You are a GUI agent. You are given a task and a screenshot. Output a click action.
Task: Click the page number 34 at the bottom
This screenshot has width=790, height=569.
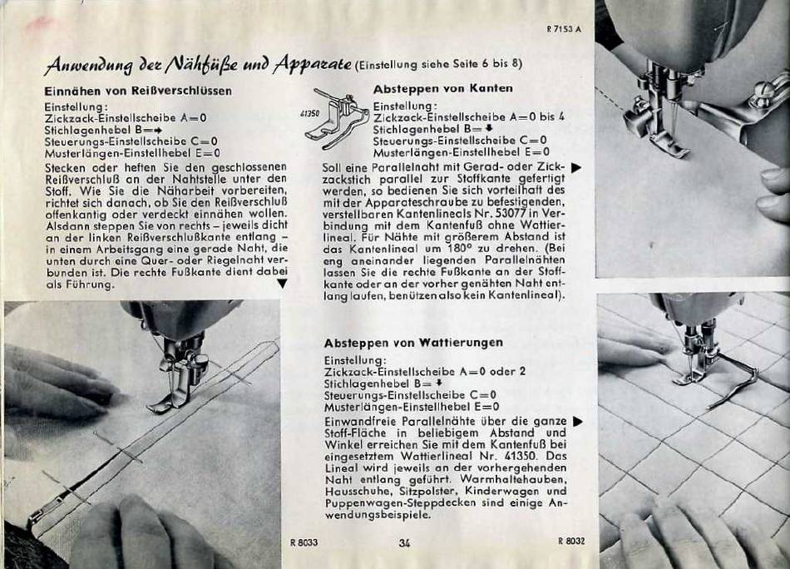(x=404, y=542)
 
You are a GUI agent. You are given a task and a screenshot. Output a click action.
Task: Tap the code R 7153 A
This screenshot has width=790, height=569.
(x=564, y=29)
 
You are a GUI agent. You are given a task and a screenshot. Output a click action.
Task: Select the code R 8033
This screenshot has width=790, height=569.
(x=304, y=542)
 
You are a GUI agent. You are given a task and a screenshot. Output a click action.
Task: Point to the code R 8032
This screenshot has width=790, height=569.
(x=571, y=542)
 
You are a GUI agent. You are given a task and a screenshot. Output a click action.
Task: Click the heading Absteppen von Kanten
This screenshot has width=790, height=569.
(x=443, y=89)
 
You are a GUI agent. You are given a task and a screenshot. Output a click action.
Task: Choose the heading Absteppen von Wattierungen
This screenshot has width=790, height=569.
(x=413, y=343)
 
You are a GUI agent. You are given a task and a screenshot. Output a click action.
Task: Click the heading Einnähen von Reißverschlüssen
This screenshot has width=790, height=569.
(x=138, y=92)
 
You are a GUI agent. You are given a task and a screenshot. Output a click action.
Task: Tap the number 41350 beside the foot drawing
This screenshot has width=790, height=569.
(x=309, y=114)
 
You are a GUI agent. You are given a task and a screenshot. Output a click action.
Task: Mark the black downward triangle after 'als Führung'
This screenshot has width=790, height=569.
(x=283, y=284)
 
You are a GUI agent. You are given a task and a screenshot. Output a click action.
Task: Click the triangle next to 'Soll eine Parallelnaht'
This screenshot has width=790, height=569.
(x=576, y=168)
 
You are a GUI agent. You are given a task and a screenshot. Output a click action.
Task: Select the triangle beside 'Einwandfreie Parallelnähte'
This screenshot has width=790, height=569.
(x=579, y=421)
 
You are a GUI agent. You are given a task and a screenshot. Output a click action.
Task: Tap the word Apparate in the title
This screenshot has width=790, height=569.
(x=313, y=65)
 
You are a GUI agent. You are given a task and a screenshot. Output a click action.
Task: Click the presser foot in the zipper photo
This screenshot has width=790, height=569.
(x=173, y=393)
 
